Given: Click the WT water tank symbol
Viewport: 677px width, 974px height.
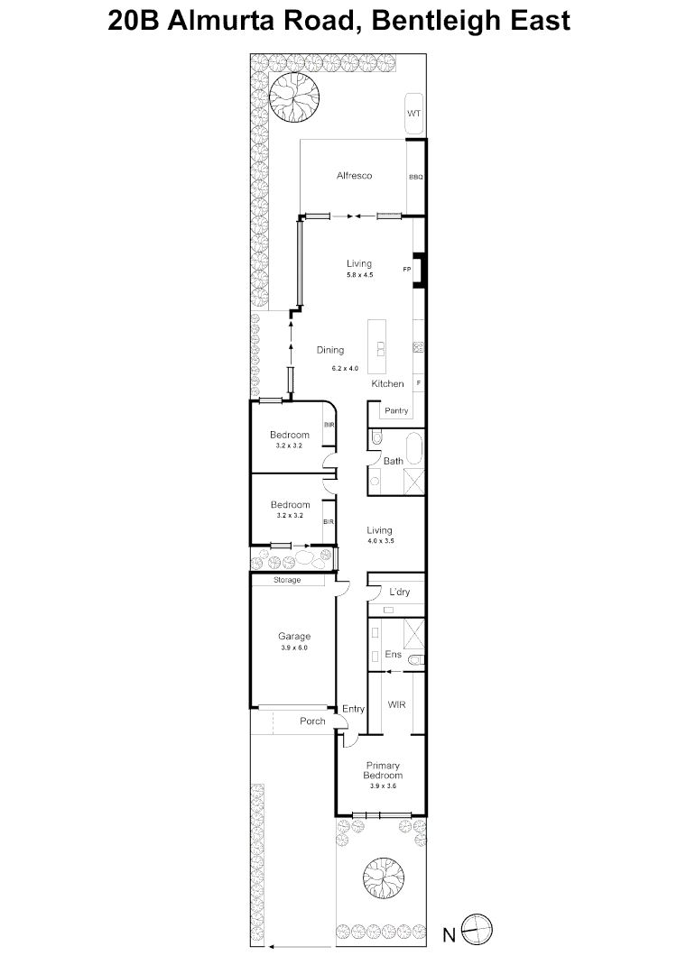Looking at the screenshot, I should [x=414, y=114].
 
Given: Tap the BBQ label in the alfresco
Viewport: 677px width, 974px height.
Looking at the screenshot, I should [x=415, y=177].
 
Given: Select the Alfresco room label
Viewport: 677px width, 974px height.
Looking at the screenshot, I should [x=355, y=176].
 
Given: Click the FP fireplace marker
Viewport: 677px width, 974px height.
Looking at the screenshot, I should [x=407, y=269].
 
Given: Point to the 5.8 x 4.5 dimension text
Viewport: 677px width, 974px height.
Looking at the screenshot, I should [x=359, y=275].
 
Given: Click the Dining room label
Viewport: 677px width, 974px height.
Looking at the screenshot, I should [x=330, y=350].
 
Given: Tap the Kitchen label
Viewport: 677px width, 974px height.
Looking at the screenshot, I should [x=388, y=384].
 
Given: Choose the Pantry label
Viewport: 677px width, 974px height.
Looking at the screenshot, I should [x=396, y=411].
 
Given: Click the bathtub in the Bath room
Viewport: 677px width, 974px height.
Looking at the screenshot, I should [x=413, y=448].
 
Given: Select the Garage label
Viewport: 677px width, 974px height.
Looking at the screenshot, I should [x=294, y=636].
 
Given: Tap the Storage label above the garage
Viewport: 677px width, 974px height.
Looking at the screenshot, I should [x=287, y=581].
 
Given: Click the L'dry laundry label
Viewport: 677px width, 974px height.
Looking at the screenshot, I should [x=400, y=593].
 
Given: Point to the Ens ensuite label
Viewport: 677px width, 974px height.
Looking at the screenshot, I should [x=393, y=655].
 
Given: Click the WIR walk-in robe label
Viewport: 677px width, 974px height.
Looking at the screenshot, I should [x=395, y=703].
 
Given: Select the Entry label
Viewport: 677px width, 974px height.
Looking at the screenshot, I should [x=353, y=710].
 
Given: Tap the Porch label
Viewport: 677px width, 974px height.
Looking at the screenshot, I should [x=312, y=721].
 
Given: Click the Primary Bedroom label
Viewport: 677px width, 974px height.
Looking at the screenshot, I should [x=383, y=770].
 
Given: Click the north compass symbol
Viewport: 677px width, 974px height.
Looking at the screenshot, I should [x=476, y=930].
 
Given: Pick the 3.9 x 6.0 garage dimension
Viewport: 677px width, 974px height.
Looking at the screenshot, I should [x=294, y=648].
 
